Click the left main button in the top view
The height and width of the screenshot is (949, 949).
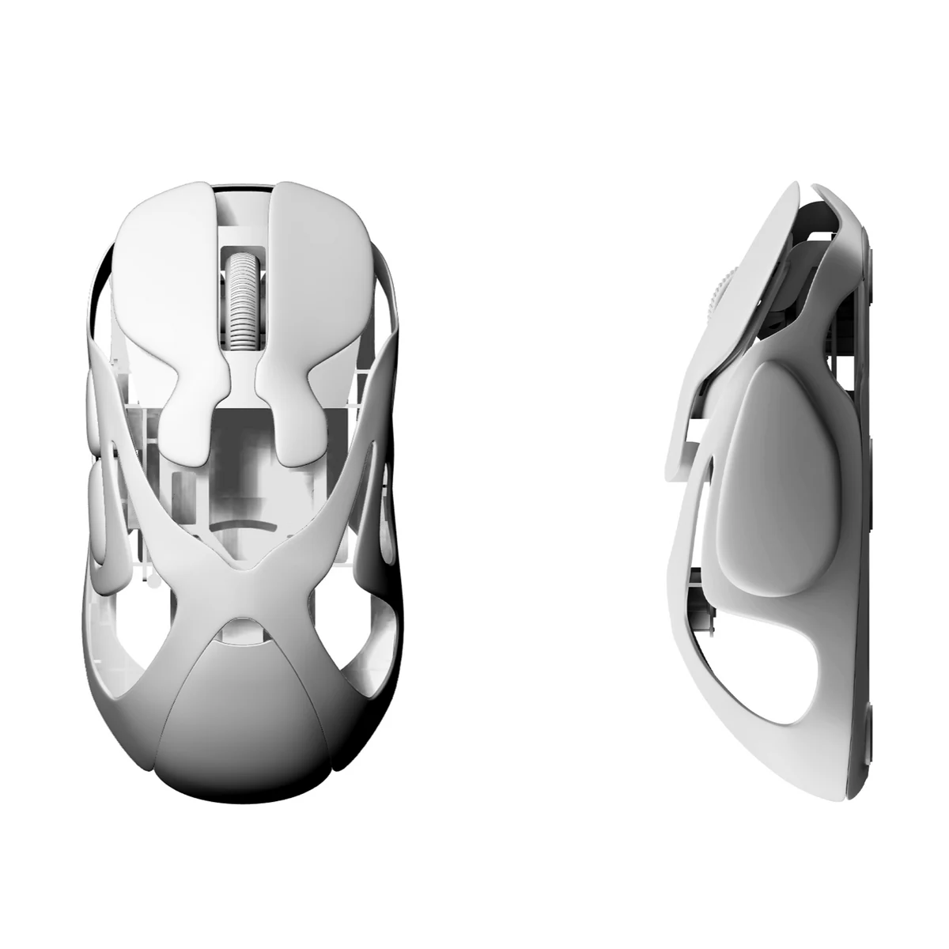coord(162,261)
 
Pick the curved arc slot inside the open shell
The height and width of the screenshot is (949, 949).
coord(240,526)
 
